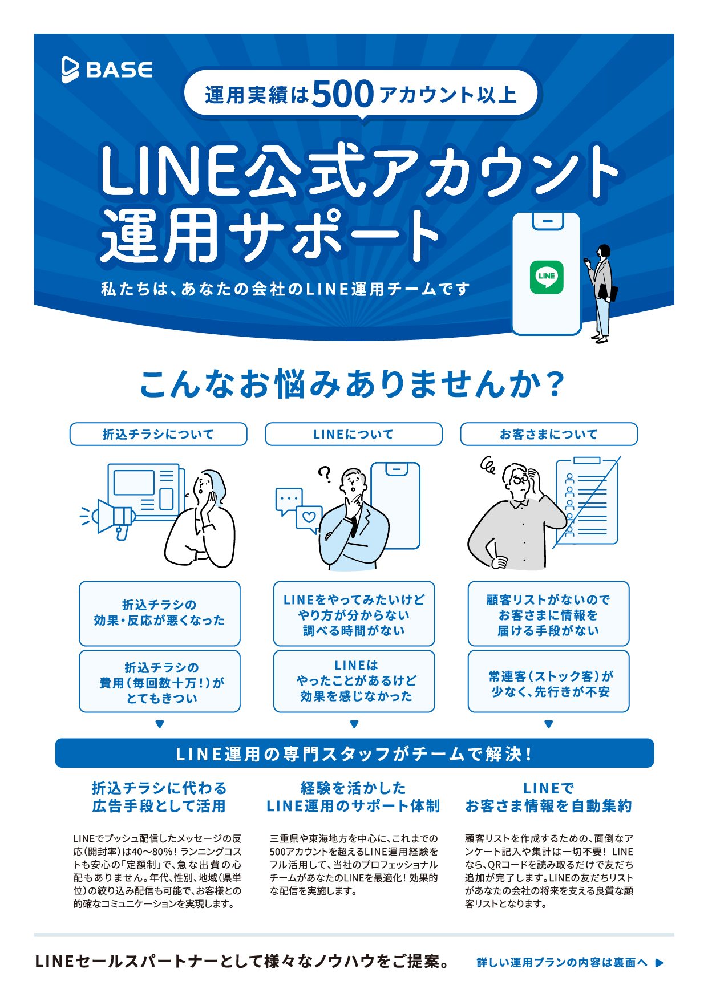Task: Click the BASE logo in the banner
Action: click(x=107, y=70)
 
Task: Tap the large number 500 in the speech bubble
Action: click(x=343, y=94)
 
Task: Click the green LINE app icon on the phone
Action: click(x=547, y=277)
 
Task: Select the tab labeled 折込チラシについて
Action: click(x=159, y=434)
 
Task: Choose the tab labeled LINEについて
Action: click(x=354, y=434)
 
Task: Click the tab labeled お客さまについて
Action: click(x=549, y=434)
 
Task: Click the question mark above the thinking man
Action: click(x=325, y=474)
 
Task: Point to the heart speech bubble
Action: click(x=309, y=518)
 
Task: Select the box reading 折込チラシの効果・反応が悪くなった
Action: click(x=160, y=613)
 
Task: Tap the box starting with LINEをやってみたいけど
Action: click(x=354, y=614)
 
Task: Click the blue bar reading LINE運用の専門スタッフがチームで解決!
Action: click(x=354, y=753)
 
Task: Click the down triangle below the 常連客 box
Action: click(x=549, y=724)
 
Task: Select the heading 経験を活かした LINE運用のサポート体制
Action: click(x=354, y=797)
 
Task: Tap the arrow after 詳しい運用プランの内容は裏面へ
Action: click(x=660, y=963)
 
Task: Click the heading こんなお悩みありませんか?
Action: click(x=353, y=383)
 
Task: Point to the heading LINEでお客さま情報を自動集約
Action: click(x=549, y=797)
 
